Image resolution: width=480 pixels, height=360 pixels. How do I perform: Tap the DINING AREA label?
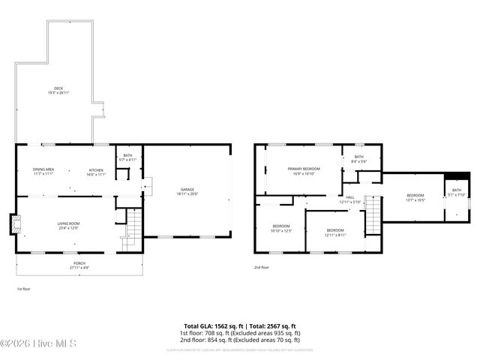(43, 170)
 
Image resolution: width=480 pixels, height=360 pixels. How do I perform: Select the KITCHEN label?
(96, 170)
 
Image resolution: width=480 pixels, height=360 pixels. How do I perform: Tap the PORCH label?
(79, 265)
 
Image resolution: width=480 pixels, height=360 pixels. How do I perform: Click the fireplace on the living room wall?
(12, 224)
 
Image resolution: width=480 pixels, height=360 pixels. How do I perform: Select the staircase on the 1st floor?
(133, 225)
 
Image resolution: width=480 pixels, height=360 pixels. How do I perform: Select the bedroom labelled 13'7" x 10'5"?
(415, 197)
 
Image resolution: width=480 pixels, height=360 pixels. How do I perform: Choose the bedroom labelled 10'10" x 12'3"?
(281, 227)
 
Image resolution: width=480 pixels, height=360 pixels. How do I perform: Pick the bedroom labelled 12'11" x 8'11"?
(335, 231)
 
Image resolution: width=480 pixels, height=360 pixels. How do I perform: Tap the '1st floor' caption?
(24, 288)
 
